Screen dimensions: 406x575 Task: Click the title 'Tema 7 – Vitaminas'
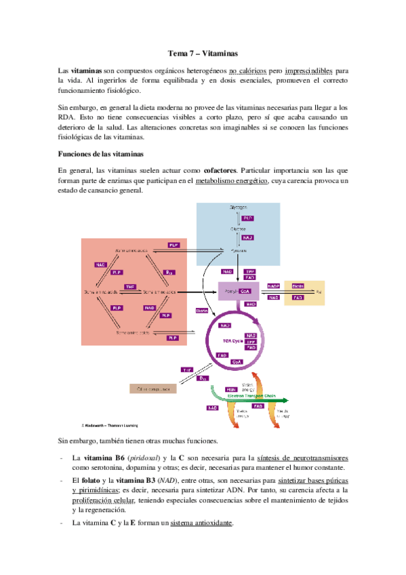coord(203,52)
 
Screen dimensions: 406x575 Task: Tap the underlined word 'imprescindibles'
coord(310,71)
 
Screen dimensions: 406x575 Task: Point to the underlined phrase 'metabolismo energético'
coord(230,180)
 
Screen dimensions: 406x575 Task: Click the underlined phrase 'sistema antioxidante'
coord(201,523)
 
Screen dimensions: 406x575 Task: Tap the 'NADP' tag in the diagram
coord(273,285)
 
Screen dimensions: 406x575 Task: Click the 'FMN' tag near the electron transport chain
coord(213,389)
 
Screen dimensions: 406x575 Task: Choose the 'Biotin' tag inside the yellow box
coord(316,286)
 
